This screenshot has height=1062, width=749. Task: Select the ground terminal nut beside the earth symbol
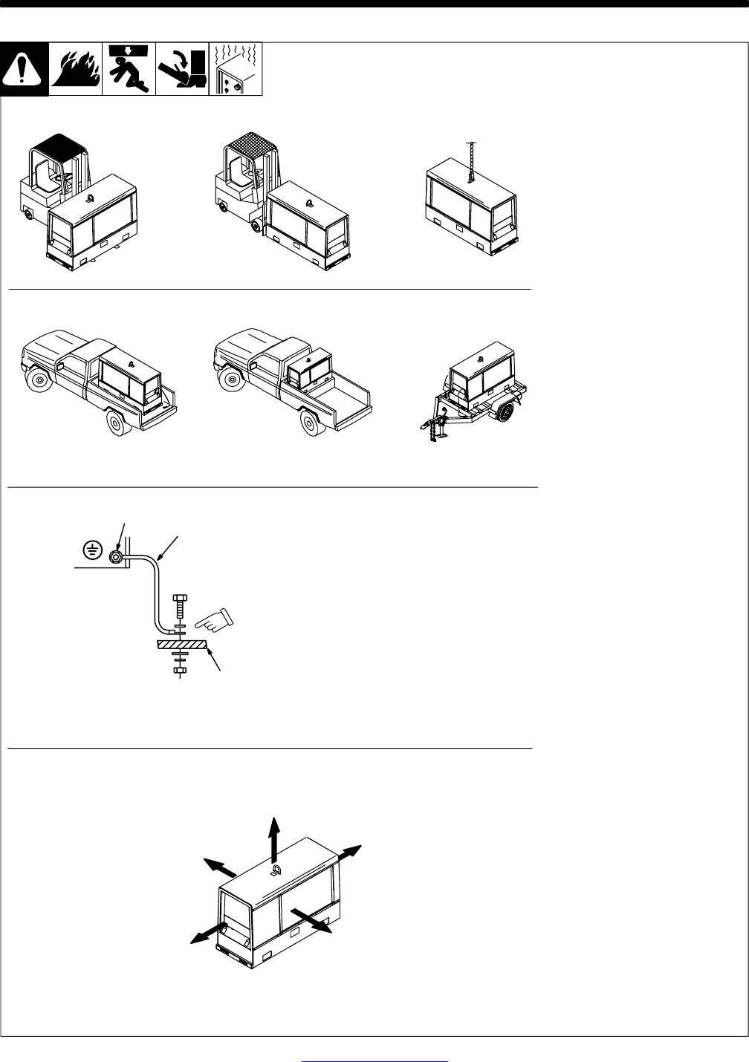116,558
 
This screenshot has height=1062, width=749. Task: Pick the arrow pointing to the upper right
349,853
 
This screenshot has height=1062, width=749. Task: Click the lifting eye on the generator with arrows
276,870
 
